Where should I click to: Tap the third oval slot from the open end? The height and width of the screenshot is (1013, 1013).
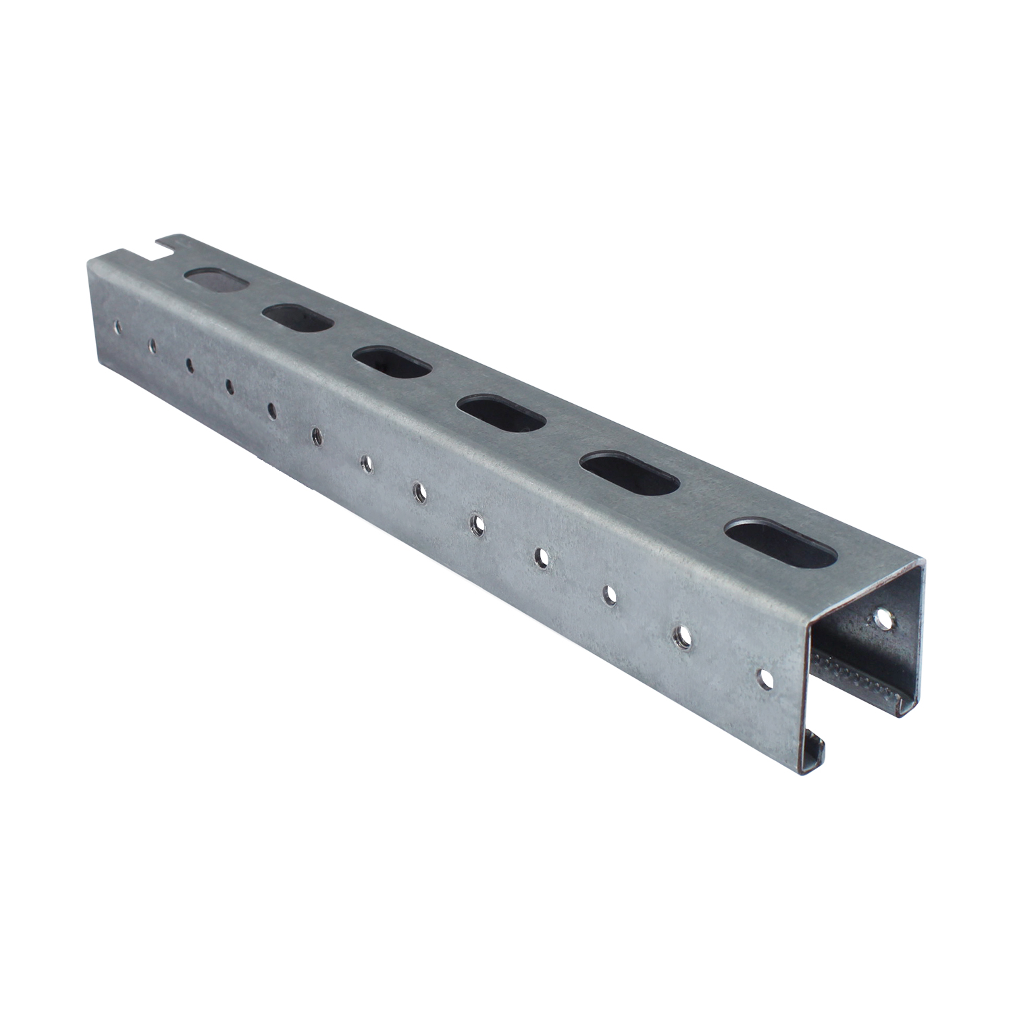[502, 413]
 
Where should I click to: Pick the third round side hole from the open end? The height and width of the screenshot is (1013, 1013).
[610, 594]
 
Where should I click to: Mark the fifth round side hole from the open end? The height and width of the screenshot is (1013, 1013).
[478, 522]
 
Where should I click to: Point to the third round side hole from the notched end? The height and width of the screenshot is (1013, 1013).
[190, 365]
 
